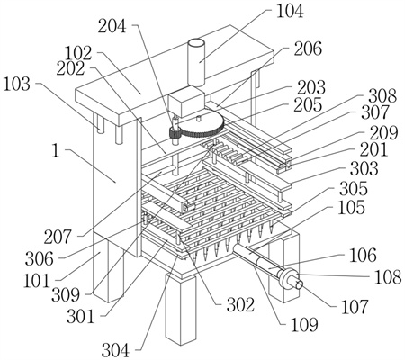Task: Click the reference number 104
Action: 290,12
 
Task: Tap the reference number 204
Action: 112,26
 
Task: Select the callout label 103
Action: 17,84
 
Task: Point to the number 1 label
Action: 56,150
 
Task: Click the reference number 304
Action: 115,350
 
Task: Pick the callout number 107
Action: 355,307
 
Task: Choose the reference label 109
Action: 304,324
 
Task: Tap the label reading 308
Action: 382,96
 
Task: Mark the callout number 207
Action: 58,237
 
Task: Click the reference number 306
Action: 40,258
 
